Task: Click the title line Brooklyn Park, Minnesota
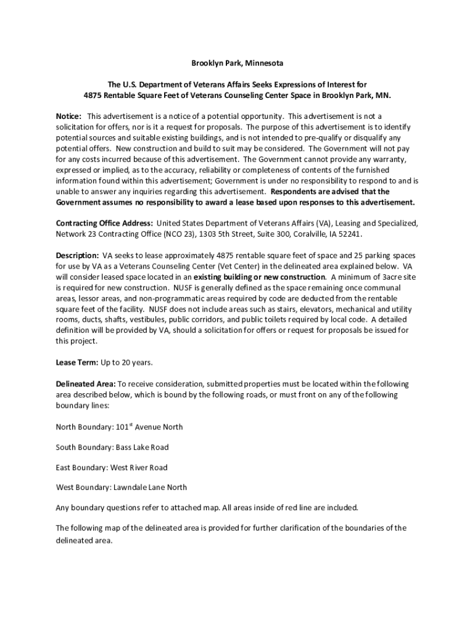click(237, 63)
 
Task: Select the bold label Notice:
click(68, 116)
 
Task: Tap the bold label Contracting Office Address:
click(104, 223)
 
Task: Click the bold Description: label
click(77, 255)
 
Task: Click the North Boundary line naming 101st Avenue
click(119, 427)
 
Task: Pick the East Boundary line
click(112, 468)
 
